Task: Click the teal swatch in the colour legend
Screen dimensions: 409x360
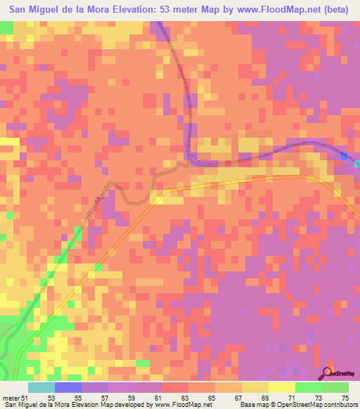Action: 41,387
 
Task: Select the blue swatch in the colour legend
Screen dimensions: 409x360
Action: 68,387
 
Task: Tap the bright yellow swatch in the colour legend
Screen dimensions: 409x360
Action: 282,387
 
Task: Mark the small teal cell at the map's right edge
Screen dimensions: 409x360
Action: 356,163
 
